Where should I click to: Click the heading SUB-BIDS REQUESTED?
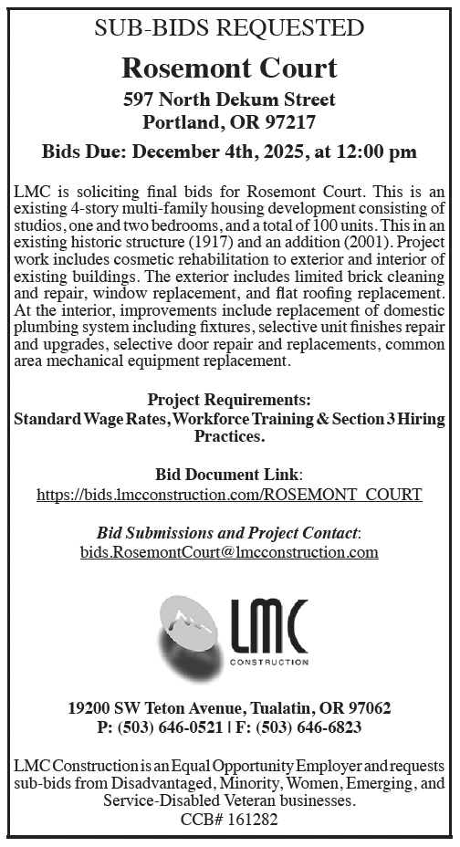pyautogui.click(x=229, y=27)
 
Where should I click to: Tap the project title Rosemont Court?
pyautogui.click(x=229, y=67)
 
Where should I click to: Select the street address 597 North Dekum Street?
pyautogui.click(x=229, y=99)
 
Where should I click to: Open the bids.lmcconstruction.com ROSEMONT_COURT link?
pyautogui.click(x=229, y=496)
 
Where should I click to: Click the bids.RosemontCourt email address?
pyautogui.click(x=229, y=552)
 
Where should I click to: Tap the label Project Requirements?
pyautogui.click(x=229, y=400)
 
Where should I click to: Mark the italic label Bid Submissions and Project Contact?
pyautogui.click(x=228, y=532)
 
